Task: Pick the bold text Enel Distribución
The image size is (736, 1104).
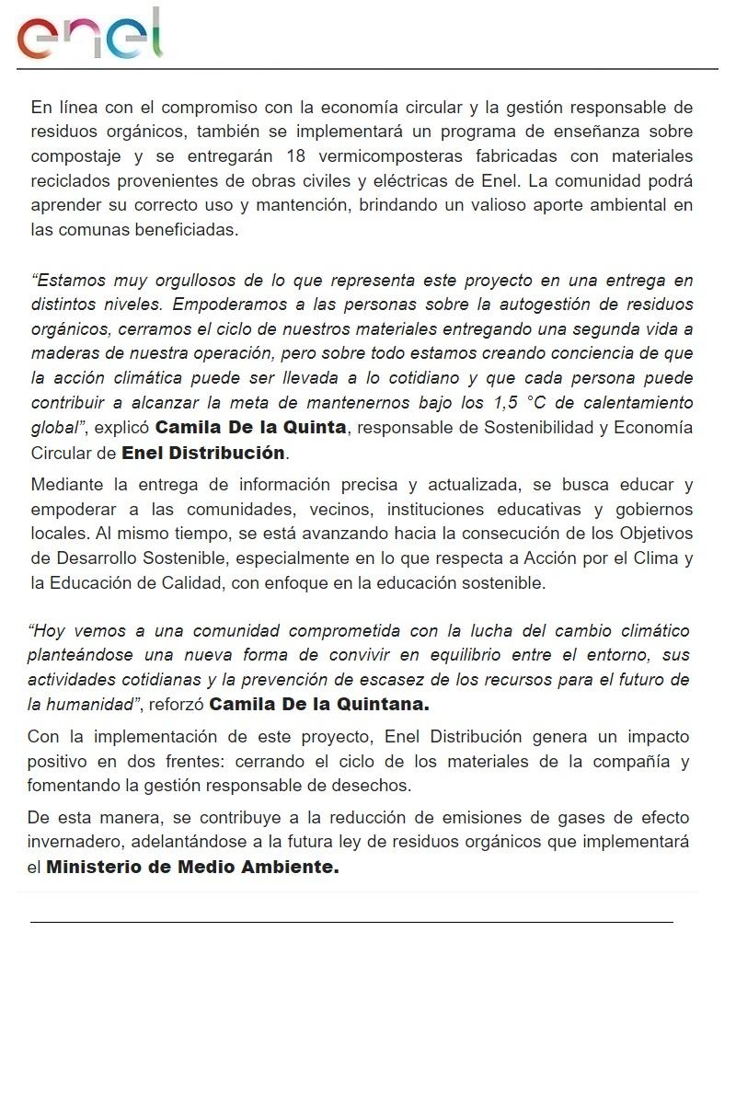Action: [203, 453]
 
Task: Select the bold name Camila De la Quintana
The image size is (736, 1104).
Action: [320, 706]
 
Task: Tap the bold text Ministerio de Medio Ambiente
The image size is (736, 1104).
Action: [192, 868]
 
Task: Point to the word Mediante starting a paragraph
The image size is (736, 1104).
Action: [67, 485]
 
